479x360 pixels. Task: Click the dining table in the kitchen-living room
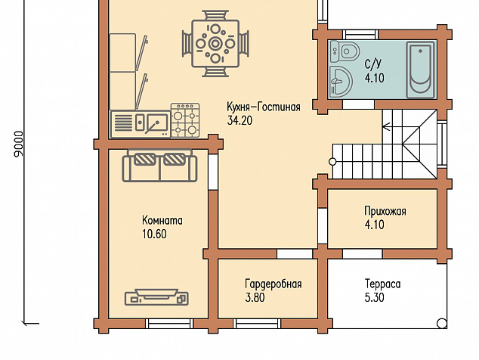pyautogui.click(x=215, y=43)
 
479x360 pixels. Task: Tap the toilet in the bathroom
pyautogui.click(x=345, y=51)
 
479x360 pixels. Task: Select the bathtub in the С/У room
pyautogui.click(x=420, y=70)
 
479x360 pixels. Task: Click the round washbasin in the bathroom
pyautogui.click(x=341, y=81)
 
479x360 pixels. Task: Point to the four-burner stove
pyautogui.click(x=185, y=120)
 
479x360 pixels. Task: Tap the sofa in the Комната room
pyautogui.click(x=159, y=166)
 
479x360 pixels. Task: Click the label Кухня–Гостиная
pyautogui.click(x=264, y=107)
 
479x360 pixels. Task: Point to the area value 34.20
pyautogui.click(x=239, y=120)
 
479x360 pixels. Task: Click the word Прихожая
pyautogui.click(x=385, y=211)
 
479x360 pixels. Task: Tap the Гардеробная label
pyautogui.click(x=273, y=284)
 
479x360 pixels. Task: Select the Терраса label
pyautogui.click(x=382, y=284)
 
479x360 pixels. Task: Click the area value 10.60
pyautogui.click(x=154, y=234)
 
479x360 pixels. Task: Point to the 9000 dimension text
pyautogui.click(x=19, y=144)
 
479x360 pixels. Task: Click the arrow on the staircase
pyautogui.click(x=386, y=126)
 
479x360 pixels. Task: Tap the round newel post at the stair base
pyautogui.click(x=332, y=162)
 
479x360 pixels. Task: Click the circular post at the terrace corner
pyautogui.click(x=442, y=323)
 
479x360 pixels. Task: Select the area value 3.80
pyautogui.click(x=255, y=297)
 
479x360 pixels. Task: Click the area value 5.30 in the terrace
pyautogui.click(x=374, y=297)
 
